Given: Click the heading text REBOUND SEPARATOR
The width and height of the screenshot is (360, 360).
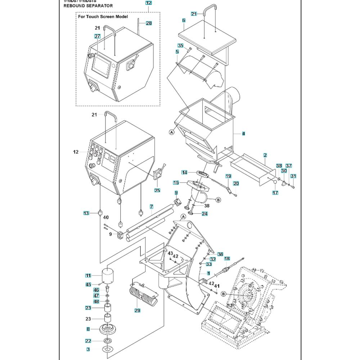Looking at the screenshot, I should [88, 6].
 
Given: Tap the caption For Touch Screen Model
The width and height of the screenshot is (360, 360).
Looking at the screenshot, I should [103, 17].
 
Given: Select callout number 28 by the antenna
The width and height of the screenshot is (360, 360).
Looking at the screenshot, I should [149, 23].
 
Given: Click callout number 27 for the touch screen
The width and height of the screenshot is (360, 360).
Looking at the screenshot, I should [97, 36].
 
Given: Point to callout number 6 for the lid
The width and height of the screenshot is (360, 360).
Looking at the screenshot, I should [184, 21].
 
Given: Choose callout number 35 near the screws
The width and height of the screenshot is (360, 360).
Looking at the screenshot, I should [181, 45].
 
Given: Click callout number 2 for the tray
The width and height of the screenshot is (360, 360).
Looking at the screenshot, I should [265, 155].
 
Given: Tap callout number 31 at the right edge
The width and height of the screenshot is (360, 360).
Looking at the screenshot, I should [293, 176].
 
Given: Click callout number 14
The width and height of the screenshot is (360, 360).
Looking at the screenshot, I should [184, 172].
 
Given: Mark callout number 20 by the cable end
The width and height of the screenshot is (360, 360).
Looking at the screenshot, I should [236, 184].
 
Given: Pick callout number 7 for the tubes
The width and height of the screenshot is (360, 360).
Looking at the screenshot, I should [152, 207].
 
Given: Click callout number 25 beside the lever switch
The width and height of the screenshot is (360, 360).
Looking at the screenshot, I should [157, 190].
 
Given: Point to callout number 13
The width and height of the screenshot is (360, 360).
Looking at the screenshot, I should [86, 213].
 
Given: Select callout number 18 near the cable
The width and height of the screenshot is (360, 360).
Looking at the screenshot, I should [227, 259].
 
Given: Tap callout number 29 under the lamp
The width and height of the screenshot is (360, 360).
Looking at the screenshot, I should [137, 310].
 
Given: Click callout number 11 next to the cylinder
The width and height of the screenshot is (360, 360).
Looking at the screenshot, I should [88, 276].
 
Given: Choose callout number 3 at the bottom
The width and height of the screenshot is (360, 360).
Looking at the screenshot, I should [88, 349].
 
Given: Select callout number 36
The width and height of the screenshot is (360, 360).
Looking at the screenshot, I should [220, 254].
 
